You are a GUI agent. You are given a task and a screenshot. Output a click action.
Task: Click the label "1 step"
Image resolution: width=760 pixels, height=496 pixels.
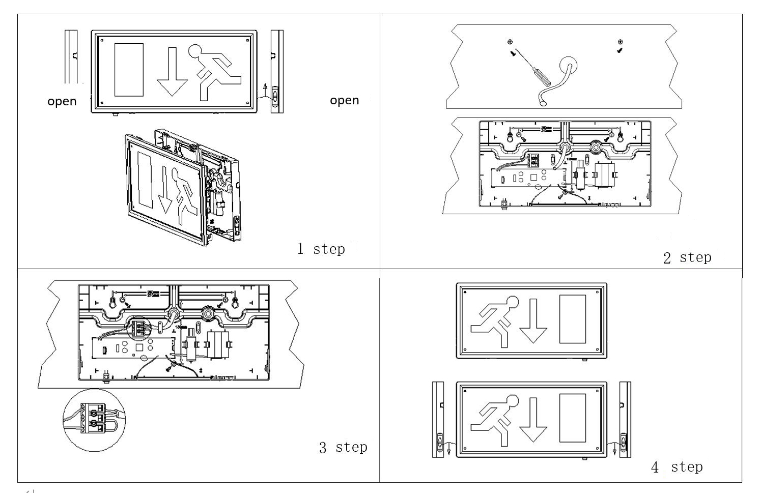coord(321,249)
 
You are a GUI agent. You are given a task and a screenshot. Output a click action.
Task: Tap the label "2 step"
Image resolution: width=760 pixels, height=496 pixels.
coord(687,257)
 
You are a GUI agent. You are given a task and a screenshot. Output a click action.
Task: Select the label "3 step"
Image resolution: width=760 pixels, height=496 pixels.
coord(343,447)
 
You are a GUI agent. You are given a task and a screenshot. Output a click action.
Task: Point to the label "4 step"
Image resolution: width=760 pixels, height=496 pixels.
coord(677,467)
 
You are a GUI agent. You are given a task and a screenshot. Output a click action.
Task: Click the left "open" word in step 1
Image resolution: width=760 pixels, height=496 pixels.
coord(62,101)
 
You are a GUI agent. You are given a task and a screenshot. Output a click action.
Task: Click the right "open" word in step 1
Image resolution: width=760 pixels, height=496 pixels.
coord(344,100)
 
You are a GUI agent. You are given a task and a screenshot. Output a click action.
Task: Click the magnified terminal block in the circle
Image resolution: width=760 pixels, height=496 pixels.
coord(95,418)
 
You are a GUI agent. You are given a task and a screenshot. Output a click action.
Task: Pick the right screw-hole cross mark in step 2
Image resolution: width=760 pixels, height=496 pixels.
coord(620,42)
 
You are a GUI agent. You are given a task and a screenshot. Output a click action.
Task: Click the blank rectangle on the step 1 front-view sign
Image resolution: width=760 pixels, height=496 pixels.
coord(129,70)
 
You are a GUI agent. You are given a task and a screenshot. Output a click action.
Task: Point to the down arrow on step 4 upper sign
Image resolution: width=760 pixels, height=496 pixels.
coord(533,320)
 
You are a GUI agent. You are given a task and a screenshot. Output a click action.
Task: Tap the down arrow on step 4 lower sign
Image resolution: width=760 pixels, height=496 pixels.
coord(533,420)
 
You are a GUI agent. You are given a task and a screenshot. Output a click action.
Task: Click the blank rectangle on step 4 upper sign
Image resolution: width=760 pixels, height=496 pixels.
coord(572,319)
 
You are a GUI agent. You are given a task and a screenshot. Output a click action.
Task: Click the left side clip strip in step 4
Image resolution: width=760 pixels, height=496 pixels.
coord(439,419)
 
